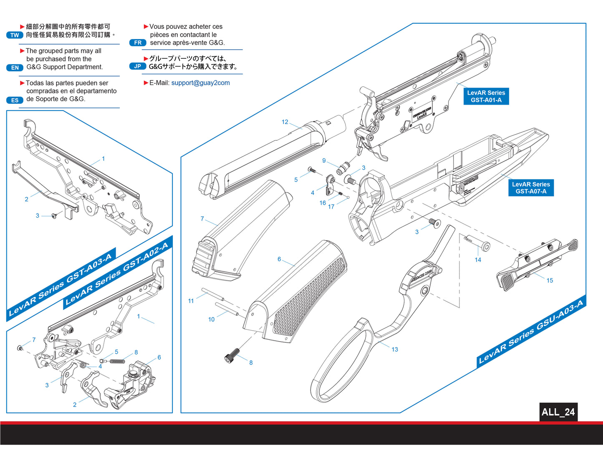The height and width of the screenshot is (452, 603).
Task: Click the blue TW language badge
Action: point(15,35)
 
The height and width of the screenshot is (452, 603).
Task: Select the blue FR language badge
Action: point(138,43)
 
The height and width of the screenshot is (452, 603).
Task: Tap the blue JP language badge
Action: point(137,66)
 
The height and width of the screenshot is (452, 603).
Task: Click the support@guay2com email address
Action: point(200,83)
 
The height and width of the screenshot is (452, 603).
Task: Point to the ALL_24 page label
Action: point(558,412)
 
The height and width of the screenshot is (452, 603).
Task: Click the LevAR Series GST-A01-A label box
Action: point(486,96)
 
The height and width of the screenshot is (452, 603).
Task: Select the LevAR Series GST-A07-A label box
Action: point(531,188)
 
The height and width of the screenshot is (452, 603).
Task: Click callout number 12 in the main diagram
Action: point(285,122)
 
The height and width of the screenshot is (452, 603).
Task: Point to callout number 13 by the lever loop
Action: point(395,349)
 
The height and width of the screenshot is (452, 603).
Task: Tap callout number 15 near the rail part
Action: point(550,281)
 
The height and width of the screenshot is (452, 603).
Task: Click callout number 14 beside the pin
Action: point(478,260)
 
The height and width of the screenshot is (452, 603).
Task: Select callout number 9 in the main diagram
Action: point(324,161)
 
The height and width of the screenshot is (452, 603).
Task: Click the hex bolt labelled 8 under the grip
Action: point(232,356)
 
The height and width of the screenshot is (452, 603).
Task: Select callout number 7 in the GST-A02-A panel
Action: point(34,340)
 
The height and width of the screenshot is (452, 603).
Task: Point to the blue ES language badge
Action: point(15,100)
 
